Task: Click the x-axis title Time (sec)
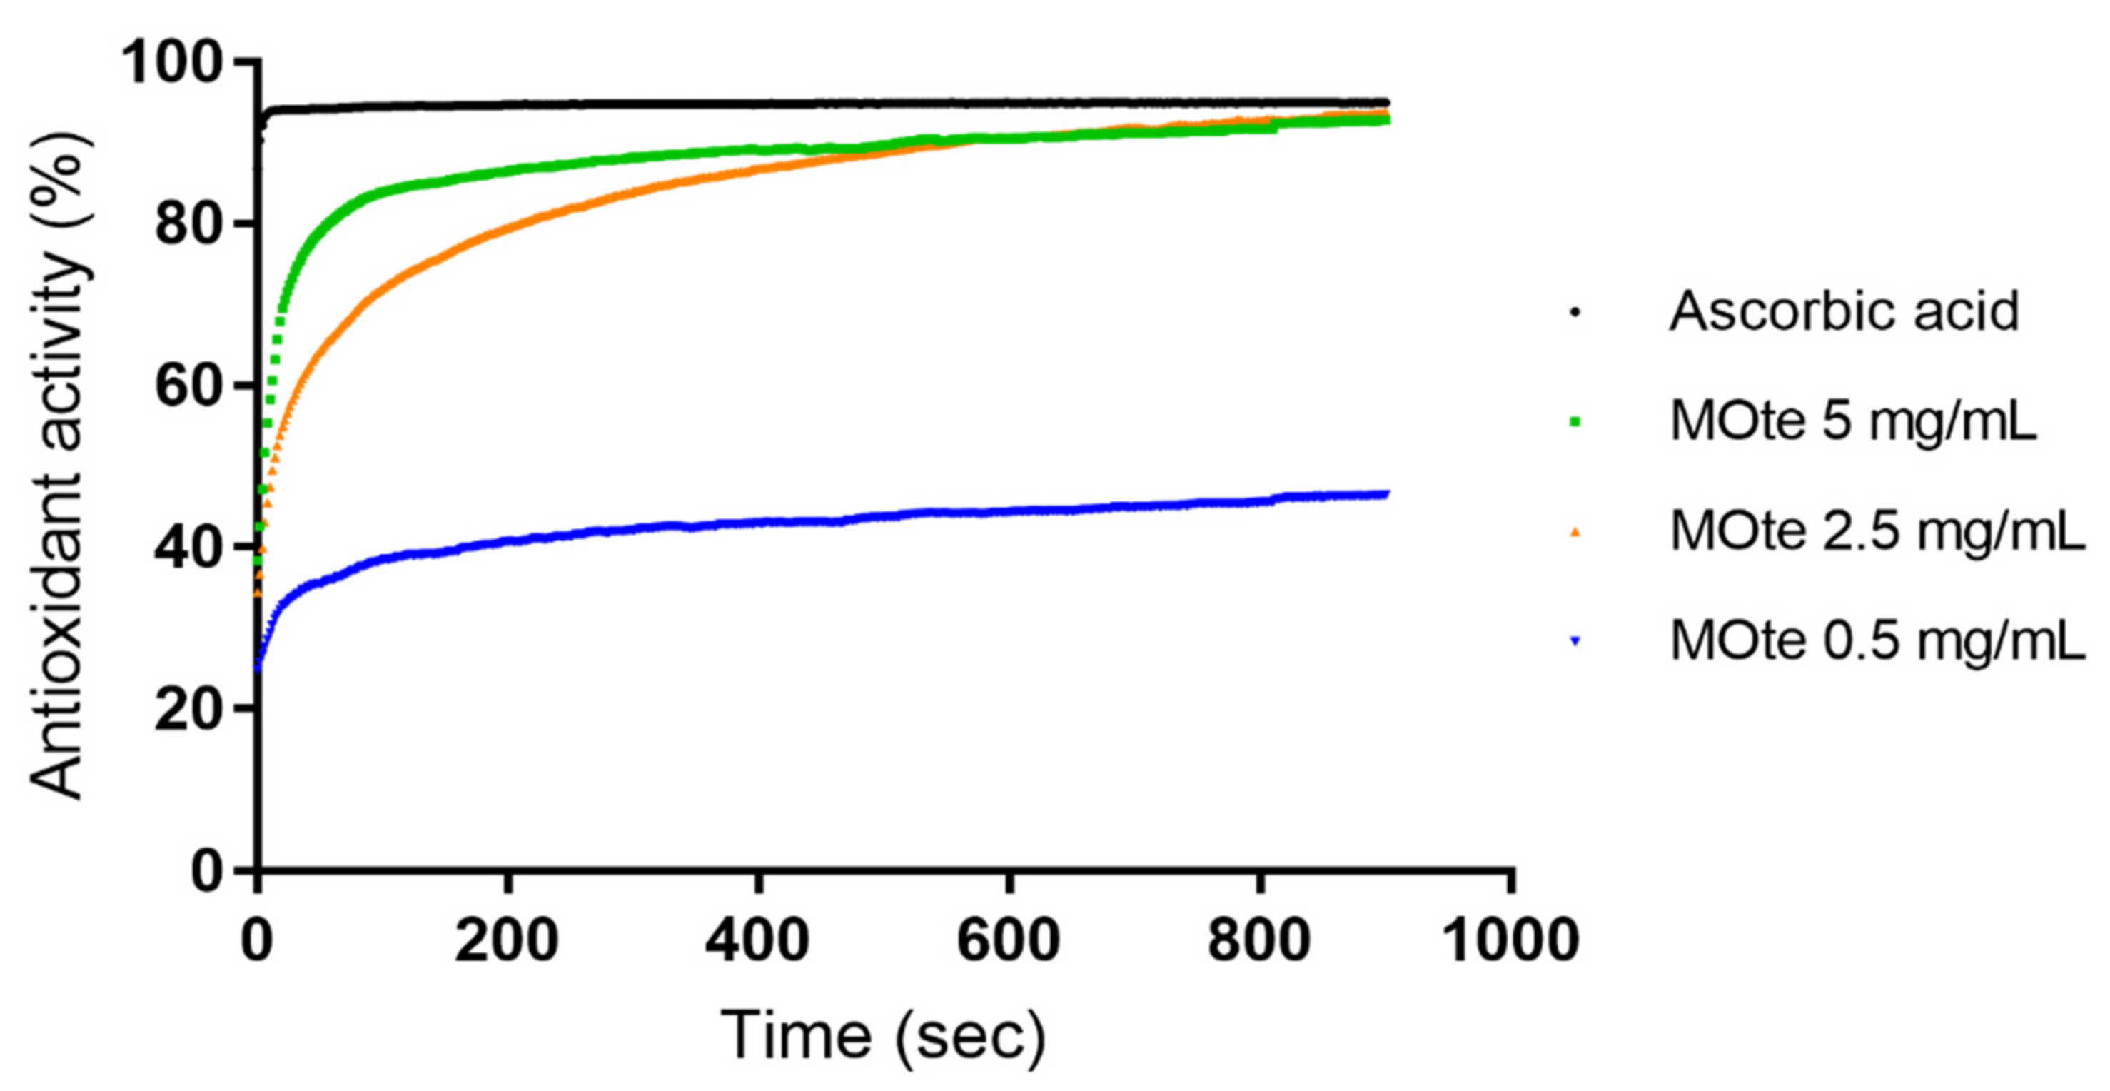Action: coord(883,1036)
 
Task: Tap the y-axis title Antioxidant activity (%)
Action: coord(59,467)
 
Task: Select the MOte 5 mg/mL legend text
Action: coord(1853,422)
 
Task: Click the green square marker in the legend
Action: coord(1575,423)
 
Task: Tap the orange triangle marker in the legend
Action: coord(1575,533)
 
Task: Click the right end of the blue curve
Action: coord(1386,494)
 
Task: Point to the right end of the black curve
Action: coord(1386,102)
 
